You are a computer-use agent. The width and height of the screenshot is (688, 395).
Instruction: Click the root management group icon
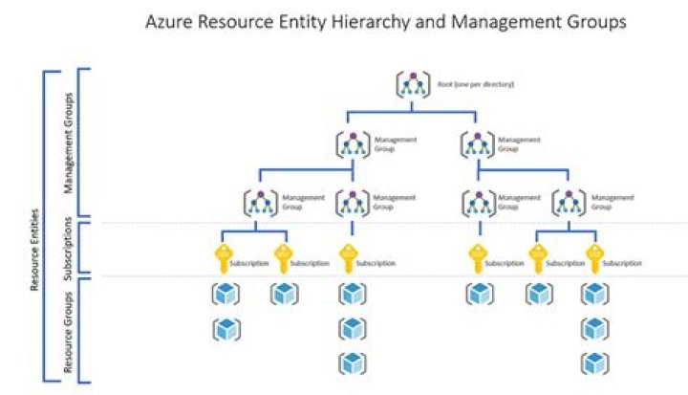tap(412, 85)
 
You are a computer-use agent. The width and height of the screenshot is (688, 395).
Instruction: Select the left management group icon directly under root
tap(353, 144)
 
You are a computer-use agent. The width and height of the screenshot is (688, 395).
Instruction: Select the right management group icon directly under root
tap(477, 144)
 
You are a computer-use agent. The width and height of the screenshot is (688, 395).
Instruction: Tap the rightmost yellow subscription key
tap(595, 258)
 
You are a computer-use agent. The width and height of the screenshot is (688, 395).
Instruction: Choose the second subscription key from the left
tap(284, 258)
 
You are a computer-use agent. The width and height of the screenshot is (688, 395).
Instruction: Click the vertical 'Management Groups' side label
tap(67, 143)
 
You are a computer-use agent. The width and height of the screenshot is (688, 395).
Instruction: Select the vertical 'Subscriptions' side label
tap(67, 247)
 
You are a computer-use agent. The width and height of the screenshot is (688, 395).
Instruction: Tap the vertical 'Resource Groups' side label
tap(67, 330)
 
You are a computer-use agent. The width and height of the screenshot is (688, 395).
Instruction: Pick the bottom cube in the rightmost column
tap(595, 364)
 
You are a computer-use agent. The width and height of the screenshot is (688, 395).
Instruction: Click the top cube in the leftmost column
tap(225, 295)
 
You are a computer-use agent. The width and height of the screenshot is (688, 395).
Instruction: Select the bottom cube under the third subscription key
tap(352, 364)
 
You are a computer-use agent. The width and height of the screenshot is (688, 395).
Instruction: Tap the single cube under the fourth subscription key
tap(477, 295)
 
